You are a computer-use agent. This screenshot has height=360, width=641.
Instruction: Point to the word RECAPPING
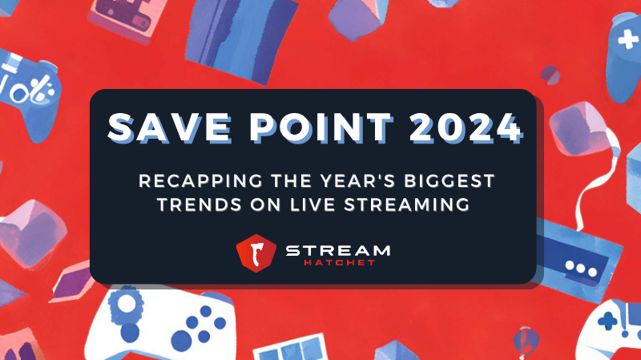point(205,180)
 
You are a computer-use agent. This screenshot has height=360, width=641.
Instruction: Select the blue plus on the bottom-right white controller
point(607,320)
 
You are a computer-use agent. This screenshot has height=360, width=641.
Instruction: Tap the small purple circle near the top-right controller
point(549,74)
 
